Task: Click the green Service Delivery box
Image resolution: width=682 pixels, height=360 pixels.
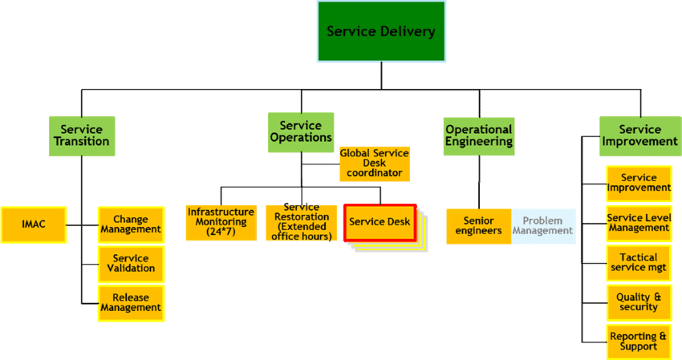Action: (x=380, y=32)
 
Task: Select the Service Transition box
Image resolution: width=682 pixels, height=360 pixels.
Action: (x=81, y=136)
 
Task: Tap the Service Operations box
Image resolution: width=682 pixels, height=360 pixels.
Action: (x=301, y=131)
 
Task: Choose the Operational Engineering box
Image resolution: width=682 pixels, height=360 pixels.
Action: (x=478, y=135)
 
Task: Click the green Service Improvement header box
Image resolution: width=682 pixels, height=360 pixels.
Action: (x=639, y=135)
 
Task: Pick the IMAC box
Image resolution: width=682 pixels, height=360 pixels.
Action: (x=33, y=224)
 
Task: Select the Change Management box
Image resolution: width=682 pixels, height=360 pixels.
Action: (x=131, y=224)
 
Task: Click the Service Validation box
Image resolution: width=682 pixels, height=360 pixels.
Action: (x=131, y=264)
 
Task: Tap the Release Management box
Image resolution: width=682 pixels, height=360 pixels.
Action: (x=131, y=302)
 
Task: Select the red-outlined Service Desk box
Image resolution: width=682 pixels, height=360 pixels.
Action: (x=380, y=222)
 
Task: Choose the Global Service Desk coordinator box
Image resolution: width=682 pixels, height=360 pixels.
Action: (x=375, y=163)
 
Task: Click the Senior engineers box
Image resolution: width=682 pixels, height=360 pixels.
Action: (x=479, y=226)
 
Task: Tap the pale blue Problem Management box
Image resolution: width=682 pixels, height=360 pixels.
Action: (x=543, y=226)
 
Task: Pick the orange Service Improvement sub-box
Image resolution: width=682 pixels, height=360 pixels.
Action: (x=639, y=184)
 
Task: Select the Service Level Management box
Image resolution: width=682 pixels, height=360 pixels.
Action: (x=639, y=222)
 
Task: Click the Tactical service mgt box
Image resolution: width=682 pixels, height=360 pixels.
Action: (x=639, y=262)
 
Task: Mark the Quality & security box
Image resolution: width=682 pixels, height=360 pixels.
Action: (x=639, y=301)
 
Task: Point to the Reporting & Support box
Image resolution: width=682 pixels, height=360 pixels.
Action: (x=639, y=341)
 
